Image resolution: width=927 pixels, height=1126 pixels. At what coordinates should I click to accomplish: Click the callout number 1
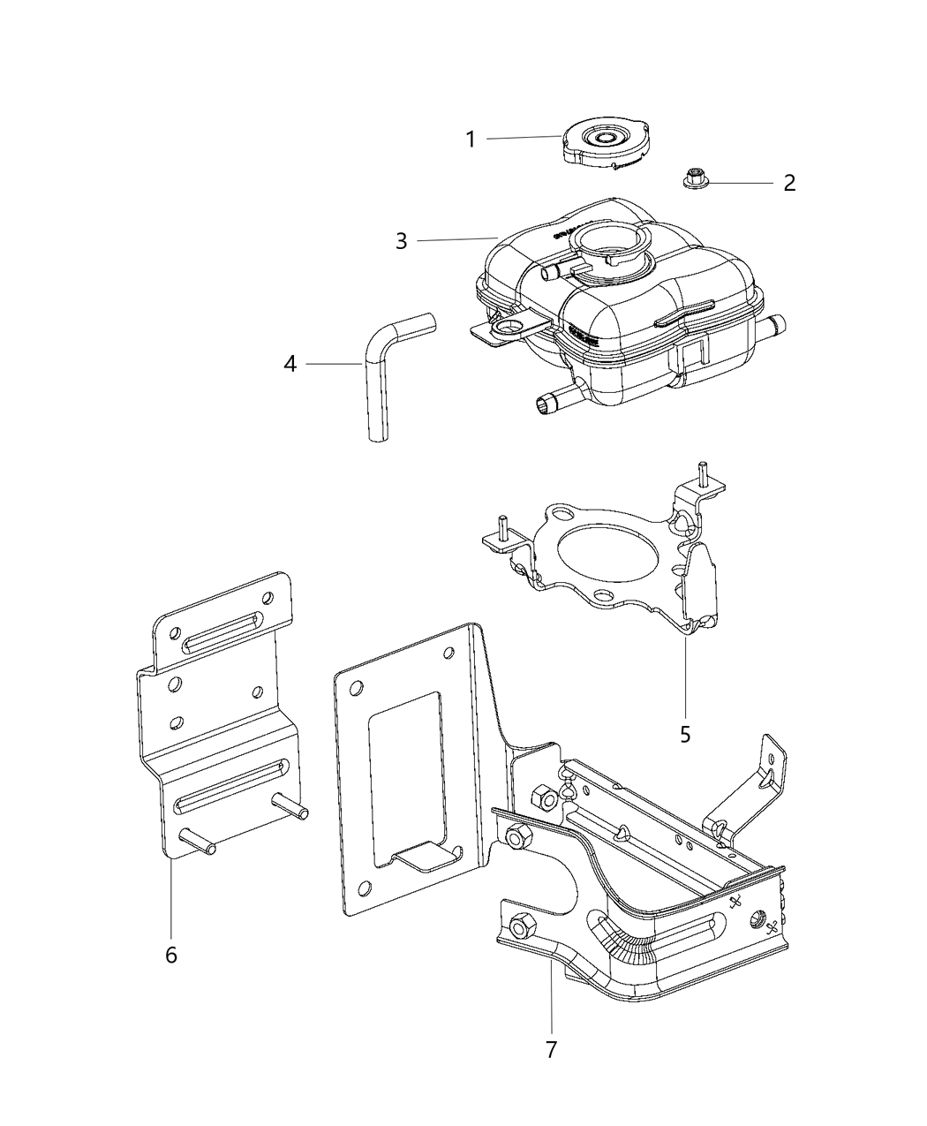[x=471, y=140]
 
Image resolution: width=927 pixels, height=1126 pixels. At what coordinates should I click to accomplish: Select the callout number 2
[x=789, y=183]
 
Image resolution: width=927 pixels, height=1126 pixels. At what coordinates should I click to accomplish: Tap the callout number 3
[x=402, y=241]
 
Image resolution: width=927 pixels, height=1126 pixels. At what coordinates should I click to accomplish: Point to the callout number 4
[x=290, y=363]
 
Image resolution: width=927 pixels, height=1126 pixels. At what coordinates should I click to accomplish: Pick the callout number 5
[x=685, y=734]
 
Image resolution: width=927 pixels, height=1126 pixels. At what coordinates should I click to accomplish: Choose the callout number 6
[x=171, y=955]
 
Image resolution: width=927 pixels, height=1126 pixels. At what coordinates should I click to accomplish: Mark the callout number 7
[x=551, y=1050]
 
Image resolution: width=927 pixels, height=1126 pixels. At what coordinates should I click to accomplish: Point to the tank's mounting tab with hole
[x=507, y=331]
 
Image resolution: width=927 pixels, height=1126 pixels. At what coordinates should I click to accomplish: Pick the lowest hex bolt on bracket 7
[x=520, y=926]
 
